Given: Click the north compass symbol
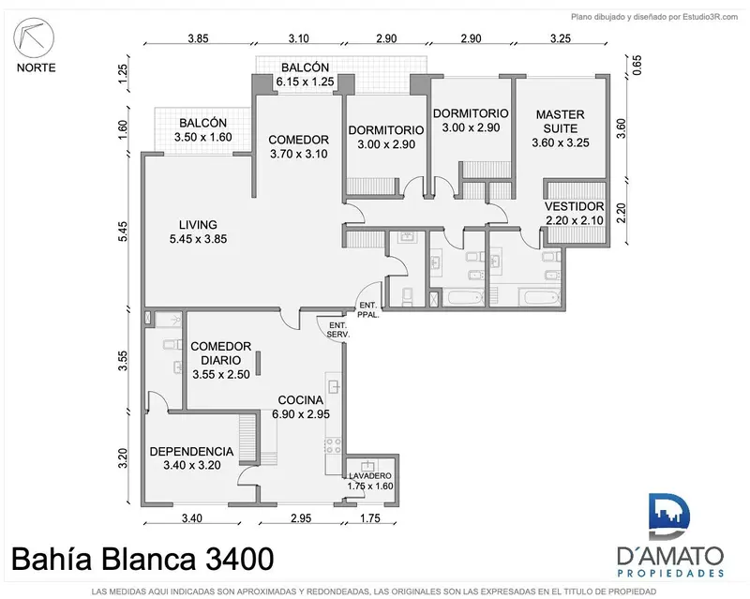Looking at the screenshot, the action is coord(34,37).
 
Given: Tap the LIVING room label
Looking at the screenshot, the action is coord(198,224).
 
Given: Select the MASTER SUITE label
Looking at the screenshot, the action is coord(560,122).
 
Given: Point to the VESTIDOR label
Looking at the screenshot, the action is coord(575,206).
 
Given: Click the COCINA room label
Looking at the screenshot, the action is coord(300,400).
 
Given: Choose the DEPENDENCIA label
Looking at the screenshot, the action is coord(191,452).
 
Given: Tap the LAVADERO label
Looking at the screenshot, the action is coord(369,476).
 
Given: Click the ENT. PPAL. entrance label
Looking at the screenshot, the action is coord(368,310).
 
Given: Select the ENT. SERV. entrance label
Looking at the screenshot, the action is coord(338,330).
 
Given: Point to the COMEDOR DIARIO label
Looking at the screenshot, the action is coord(220,353).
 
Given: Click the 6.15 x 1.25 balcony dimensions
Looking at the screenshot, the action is coord(305,82).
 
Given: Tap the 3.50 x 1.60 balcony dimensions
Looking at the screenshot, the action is coord(202,137).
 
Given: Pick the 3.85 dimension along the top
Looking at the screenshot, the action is coord(198,38).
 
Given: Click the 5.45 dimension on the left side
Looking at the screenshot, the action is coord(123,232).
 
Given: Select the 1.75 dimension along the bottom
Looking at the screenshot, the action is coord(369,518).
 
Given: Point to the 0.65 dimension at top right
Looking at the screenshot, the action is coord(637,65).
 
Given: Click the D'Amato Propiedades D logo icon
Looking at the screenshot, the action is coord(669,517).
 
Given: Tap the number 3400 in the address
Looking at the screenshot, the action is coord(240,559).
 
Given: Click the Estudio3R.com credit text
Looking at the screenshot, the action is coord(710,17).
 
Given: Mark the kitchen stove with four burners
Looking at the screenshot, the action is coord(333,445).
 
